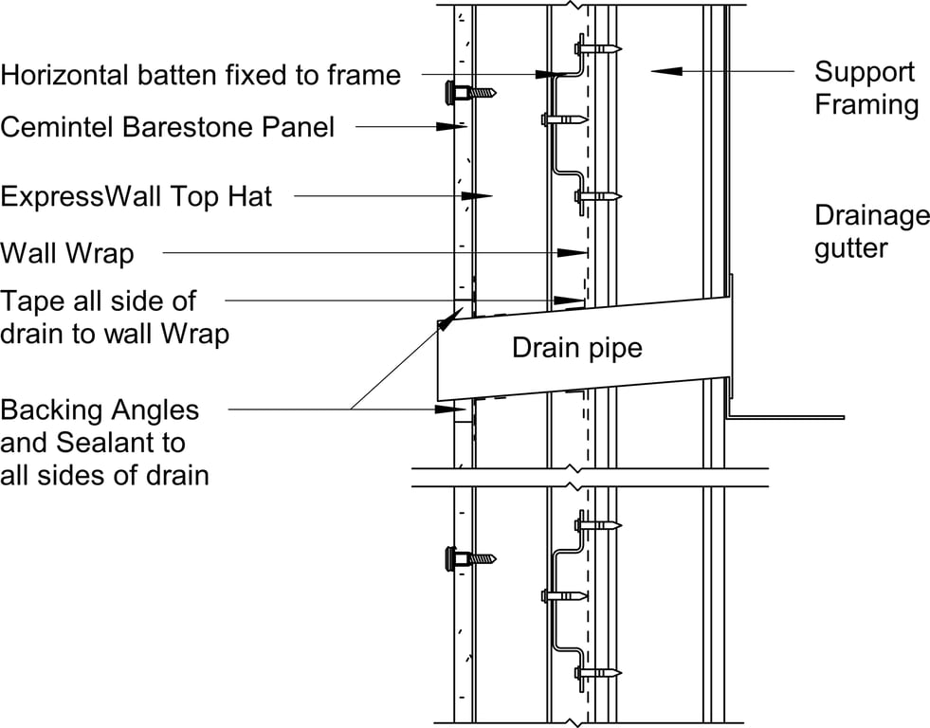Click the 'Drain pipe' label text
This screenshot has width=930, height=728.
pyautogui.click(x=576, y=348)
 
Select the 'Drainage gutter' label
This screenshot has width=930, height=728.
pyautogui.click(x=871, y=232)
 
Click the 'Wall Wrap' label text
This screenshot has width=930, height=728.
pyautogui.click(x=67, y=254)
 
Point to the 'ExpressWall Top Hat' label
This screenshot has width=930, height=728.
pyautogui.click(x=137, y=196)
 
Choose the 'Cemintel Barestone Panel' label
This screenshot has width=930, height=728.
pyautogui.click(x=167, y=126)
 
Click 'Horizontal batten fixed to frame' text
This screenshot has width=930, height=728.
pyautogui.click(x=200, y=74)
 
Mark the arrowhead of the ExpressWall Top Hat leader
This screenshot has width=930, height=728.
pyautogui.click(x=479, y=196)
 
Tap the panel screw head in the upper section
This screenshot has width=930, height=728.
pyautogui.click(x=452, y=93)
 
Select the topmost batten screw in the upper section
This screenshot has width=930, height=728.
pyautogui.click(x=597, y=47)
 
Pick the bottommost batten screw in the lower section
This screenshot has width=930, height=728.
pyautogui.click(x=597, y=673)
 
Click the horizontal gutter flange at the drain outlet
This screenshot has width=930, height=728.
pyautogui.click(x=787, y=415)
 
